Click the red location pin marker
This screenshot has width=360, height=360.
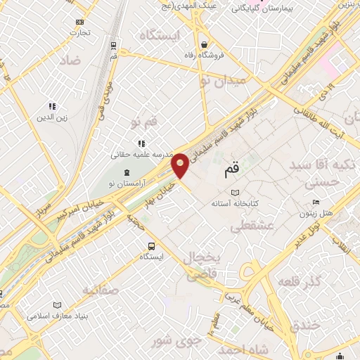coord(181,165)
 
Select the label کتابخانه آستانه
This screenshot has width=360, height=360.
coord(235,203)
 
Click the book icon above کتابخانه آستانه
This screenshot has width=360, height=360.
coord(235,193)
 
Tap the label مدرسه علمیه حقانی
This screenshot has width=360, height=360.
coord(138,153)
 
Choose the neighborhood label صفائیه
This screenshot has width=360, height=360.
coord(101,289)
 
